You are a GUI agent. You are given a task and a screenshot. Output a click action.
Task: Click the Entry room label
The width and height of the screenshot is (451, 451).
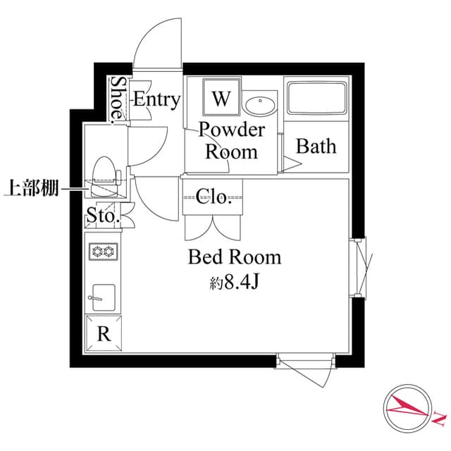click(x=156, y=99)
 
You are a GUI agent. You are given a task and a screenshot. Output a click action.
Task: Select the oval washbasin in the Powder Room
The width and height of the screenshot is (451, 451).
click(x=261, y=106)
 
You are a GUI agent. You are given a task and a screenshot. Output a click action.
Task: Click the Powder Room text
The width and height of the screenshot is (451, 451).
click(x=231, y=140)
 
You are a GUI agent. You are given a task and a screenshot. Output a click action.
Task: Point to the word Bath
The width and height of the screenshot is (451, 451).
click(x=316, y=147)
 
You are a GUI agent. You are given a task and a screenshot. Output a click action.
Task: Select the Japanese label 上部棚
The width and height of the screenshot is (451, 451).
click(x=31, y=188)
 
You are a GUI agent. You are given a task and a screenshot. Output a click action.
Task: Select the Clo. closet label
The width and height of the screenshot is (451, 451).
click(x=214, y=197)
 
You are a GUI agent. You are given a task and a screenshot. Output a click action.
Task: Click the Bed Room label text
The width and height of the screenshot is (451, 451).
click(x=234, y=257)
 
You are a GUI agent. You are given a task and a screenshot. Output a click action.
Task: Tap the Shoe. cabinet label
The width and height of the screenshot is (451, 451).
click(x=117, y=99)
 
